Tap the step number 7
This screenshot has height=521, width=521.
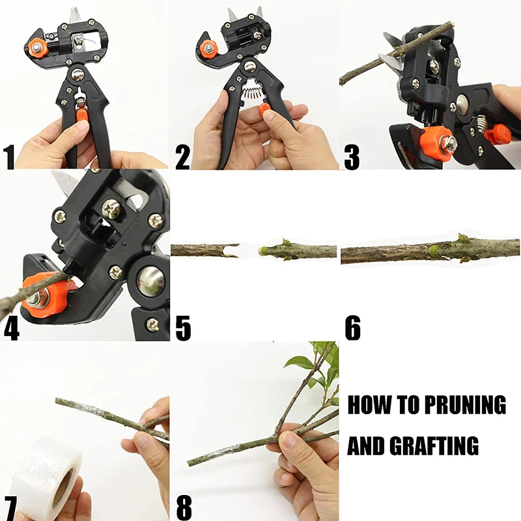[x=10, y=507]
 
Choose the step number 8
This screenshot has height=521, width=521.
[x=184, y=507]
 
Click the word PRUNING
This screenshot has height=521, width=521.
[x=465, y=405]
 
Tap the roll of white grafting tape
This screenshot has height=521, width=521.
[x=42, y=472]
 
